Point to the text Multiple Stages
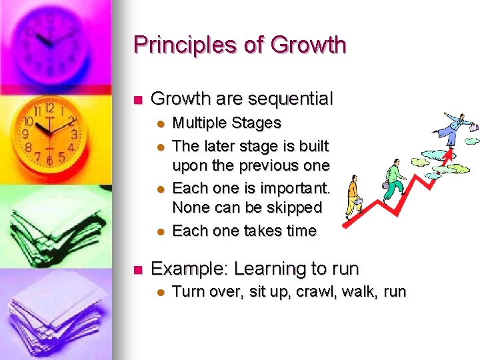[x=227, y=123]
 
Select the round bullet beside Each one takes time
[x=160, y=231]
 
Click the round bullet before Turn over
[x=160, y=292]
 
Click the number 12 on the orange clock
[x=49, y=107]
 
